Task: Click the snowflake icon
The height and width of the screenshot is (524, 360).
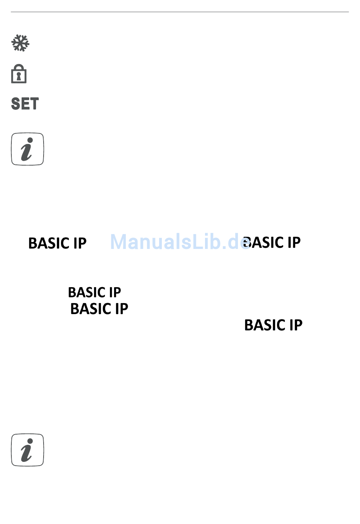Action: click(x=20, y=43)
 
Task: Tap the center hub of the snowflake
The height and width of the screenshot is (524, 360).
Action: click(x=20, y=43)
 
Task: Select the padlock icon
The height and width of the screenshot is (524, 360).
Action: click(x=19, y=74)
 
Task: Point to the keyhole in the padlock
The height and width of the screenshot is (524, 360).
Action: click(x=19, y=76)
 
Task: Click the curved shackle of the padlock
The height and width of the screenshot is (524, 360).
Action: click(x=19, y=66)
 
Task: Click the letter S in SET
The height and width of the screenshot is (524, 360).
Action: click(x=15, y=104)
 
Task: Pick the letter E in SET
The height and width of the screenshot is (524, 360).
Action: click(x=25, y=104)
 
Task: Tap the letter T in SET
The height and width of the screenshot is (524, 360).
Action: click(x=34, y=104)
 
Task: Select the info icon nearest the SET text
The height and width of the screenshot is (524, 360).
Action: click(x=27, y=149)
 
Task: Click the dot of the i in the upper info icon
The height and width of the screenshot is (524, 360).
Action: click(x=30, y=140)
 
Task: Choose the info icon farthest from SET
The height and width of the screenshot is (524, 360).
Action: click(x=27, y=450)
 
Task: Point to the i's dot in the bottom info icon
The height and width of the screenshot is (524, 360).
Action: click(x=30, y=441)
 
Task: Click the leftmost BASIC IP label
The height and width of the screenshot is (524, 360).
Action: click(x=57, y=243)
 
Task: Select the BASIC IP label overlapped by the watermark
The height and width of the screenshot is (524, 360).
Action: click(x=272, y=242)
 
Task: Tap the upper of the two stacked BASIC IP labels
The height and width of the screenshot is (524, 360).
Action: click(x=94, y=293)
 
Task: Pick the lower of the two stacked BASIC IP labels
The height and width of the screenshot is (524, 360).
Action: click(x=99, y=309)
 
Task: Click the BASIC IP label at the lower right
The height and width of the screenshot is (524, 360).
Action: click(x=273, y=325)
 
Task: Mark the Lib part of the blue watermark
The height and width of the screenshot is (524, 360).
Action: click(x=207, y=241)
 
